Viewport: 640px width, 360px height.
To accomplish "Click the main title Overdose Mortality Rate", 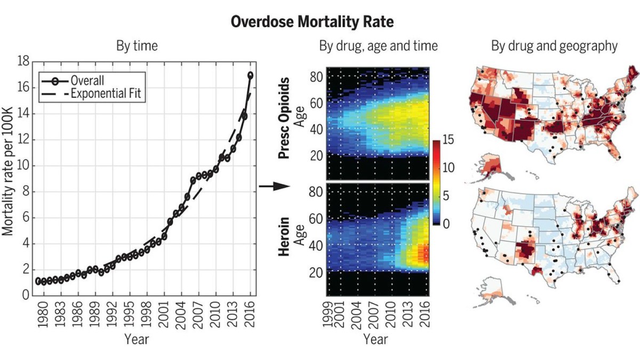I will [x=319, y=22].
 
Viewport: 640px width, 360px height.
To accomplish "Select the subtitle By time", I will [x=137, y=46].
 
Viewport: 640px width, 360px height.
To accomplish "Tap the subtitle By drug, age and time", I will [x=378, y=46].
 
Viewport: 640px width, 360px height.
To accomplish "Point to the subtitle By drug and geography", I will [x=554, y=46].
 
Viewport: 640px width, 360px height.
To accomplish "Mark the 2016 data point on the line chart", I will [x=251, y=75].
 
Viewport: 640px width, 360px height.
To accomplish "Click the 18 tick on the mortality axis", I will [x=23, y=62].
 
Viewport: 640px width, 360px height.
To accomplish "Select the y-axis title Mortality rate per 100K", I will [x=9, y=179].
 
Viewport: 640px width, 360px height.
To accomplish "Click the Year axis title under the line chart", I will [x=137, y=339].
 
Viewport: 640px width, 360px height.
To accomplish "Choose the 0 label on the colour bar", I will [x=447, y=224].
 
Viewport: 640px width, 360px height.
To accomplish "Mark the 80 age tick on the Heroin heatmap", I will [x=316, y=191].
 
